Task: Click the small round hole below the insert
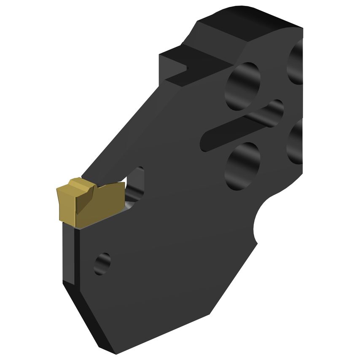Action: click(102, 263)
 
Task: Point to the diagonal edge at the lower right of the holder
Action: click(236, 278)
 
